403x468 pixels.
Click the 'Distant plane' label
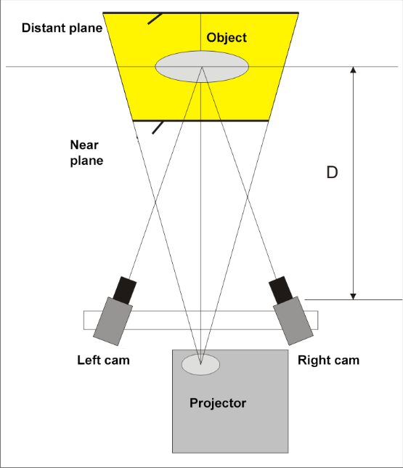tap(62, 28)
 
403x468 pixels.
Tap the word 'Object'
tap(227, 38)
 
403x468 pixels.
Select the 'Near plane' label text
tap(86, 153)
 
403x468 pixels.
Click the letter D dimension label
tap(332, 172)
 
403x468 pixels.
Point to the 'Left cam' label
tap(103, 360)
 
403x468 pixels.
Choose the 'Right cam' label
tap(328, 360)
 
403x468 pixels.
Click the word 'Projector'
tap(218, 403)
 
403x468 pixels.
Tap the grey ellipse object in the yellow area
tap(202, 67)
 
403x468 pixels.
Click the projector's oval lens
tap(200, 364)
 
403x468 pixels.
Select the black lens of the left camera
tap(125, 291)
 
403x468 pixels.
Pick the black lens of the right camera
tap(281, 290)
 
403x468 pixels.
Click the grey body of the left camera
tap(113, 321)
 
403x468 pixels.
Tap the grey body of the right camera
tap(293, 321)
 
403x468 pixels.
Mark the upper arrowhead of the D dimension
tap(353, 70)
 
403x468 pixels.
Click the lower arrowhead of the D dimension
tap(353, 296)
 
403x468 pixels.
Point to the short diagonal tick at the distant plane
tap(155, 18)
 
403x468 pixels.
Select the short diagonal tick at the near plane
tap(158, 127)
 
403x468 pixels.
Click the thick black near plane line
tap(200, 121)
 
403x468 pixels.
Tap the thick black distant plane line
tap(200, 13)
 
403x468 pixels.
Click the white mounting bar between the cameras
tap(200, 320)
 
